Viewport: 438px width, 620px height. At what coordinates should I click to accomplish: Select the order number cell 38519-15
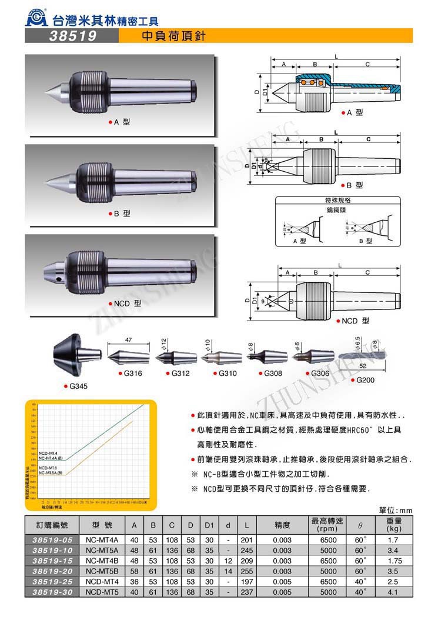[51, 561]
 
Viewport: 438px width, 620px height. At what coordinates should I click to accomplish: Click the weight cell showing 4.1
[393, 591]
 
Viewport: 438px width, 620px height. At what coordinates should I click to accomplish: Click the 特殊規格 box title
[338, 200]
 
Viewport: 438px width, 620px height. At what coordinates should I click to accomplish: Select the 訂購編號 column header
[51, 524]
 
